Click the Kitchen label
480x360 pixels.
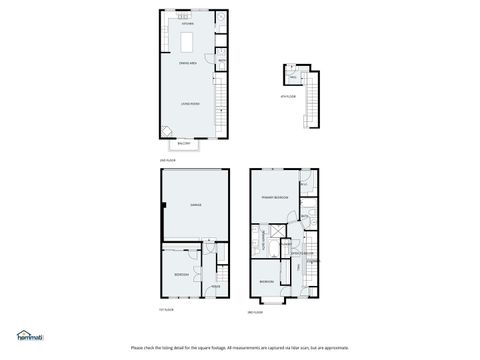188,25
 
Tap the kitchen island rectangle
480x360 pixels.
188,41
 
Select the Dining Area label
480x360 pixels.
187,63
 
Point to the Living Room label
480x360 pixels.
188,103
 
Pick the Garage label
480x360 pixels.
196,205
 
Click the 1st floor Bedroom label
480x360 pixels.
180,273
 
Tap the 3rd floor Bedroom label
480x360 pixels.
267,282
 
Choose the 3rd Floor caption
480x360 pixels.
255,312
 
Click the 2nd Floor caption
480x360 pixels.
167,160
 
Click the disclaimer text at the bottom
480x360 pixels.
240,348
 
